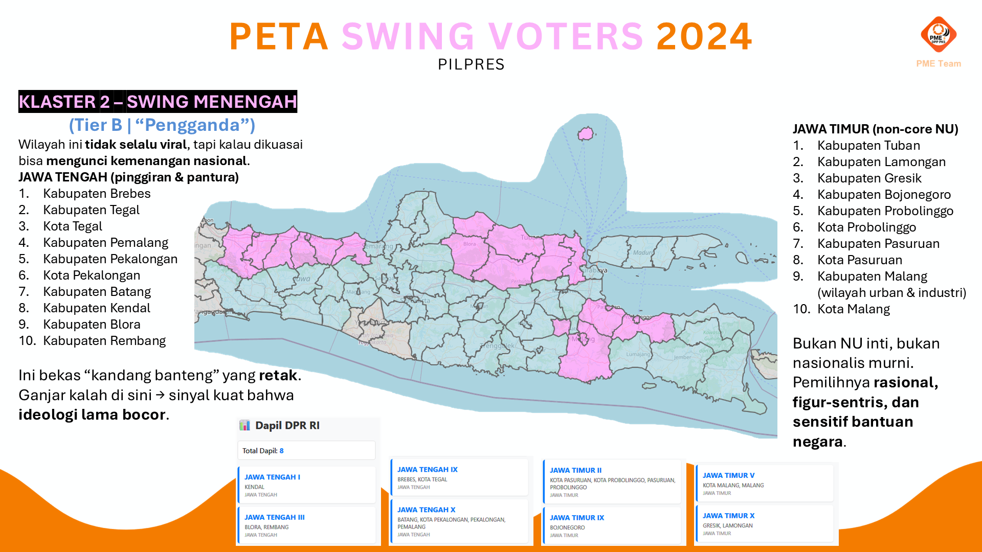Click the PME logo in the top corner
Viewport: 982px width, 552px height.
click(x=938, y=35)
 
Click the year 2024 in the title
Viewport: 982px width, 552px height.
click(x=704, y=37)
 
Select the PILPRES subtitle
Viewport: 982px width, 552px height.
click(x=471, y=64)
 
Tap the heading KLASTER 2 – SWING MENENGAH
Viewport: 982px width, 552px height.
click(x=158, y=102)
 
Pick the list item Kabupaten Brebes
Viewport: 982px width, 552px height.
click(x=97, y=194)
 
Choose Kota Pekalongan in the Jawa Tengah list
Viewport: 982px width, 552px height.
click(x=92, y=275)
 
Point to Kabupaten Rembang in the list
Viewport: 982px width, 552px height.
click(x=104, y=341)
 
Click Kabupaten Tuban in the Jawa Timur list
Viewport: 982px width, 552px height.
click(x=868, y=146)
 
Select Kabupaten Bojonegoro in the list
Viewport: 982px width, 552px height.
click(x=884, y=195)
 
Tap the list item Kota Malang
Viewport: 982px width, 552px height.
click(x=854, y=309)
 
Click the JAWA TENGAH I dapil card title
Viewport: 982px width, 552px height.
click(x=272, y=477)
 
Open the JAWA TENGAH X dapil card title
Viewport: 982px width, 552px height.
click(x=426, y=510)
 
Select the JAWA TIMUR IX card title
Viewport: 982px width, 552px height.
click(x=577, y=518)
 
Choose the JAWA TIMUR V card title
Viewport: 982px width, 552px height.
click(x=728, y=475)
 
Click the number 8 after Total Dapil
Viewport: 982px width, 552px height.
click(x=281, y=451)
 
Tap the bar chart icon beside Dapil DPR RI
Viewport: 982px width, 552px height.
click(x=245, y=425)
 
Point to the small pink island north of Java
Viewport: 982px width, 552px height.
click(x=585, y=134)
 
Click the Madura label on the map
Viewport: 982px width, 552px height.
click(x=642, y=252)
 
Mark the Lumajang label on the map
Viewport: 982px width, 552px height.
click(x=638, y=354)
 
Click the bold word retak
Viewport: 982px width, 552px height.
click(x=278, y=376)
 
